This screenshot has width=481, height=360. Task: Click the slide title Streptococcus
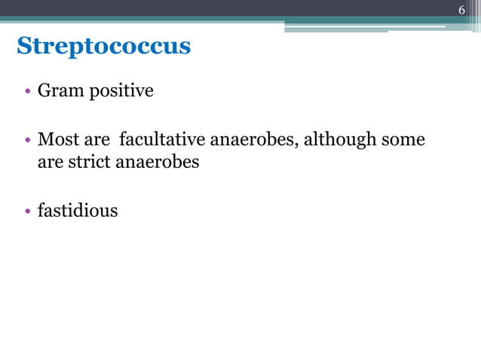[x=103, y=47]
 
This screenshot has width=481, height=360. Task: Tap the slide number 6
[x=462, y=10]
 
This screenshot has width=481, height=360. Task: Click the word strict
[x=88, y=161]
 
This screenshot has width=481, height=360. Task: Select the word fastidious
[x=78, y=210]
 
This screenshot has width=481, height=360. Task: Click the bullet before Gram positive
[x=27, y=92]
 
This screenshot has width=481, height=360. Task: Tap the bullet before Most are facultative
[x=27, y=140]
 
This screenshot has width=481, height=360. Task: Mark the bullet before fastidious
[x=27, y=211]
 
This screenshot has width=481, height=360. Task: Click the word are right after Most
[x=96, y=140]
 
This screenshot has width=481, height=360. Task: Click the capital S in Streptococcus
[x=23, y=47]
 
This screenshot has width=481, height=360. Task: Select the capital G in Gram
[x=44, y=91]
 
